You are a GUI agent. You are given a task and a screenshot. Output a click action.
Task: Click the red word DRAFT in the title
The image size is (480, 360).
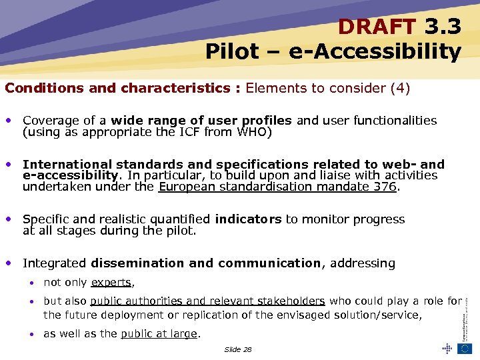(x=377, y=27)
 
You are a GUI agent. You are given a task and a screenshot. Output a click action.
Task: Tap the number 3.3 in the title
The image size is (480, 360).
(x=442, y=27)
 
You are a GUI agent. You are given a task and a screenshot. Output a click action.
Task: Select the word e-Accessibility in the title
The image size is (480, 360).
(x=375, y=51)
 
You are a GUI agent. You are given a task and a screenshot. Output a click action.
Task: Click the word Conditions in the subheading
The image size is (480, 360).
(x=38, y=88)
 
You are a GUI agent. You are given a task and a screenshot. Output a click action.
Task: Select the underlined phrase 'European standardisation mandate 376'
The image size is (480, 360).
(x=277, y=187)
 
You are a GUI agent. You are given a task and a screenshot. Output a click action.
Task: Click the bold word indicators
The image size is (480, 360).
(x=249, y=219)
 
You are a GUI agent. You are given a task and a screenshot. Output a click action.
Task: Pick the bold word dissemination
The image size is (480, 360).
(x=138, y=263)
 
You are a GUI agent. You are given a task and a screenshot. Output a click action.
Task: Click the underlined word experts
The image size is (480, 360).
(x=111, y=283)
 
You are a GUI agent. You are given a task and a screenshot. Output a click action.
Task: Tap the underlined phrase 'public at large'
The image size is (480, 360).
(x=159, y=334)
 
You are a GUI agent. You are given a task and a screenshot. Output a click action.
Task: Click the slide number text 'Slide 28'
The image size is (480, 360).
(x=238, y=349)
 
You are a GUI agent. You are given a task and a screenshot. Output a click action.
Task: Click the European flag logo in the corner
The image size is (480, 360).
(x=464, y=348)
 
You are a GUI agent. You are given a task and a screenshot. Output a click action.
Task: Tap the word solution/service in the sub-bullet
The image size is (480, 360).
(x=379, y=315)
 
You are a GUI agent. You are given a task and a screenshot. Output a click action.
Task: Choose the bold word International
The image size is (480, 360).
(x=67, y=165)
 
